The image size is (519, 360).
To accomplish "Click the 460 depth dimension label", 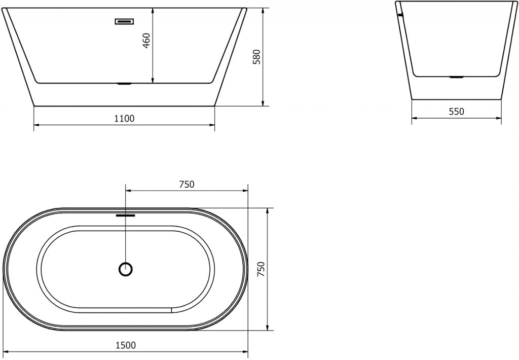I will pos(146,40).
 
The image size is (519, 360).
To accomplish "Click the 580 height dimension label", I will pos(256,56).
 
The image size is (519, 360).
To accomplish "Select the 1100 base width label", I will pos(124,119).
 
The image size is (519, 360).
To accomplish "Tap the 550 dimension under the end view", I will pos(456,112).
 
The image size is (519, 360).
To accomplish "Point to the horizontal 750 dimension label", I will pos(187,185).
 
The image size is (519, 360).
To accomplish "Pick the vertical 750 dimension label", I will pos(261,269).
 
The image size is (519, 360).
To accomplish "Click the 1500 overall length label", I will pos(126,345).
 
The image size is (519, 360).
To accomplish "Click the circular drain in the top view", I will pos(125,269).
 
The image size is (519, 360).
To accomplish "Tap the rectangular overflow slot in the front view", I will pos(124,21).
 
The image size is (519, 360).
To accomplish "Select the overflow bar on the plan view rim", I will pos(125,215).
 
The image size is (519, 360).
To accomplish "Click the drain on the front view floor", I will pos(124,84).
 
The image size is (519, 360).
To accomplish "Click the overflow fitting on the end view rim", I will pos(400,15).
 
